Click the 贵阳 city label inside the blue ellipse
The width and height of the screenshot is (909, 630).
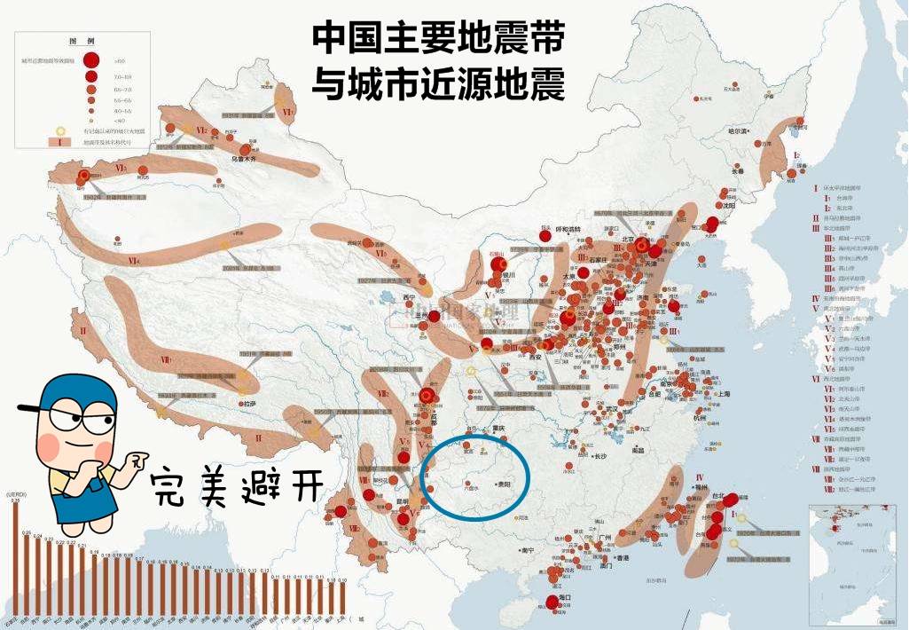(506, 485)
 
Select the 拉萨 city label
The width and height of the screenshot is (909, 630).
(245, 404)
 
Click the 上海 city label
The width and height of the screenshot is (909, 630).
(723, 393)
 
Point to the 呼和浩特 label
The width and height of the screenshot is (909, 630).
(567, 229)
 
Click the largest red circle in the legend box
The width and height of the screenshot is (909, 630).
(90, 60)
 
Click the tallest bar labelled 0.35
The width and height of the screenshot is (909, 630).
(15, 559)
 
